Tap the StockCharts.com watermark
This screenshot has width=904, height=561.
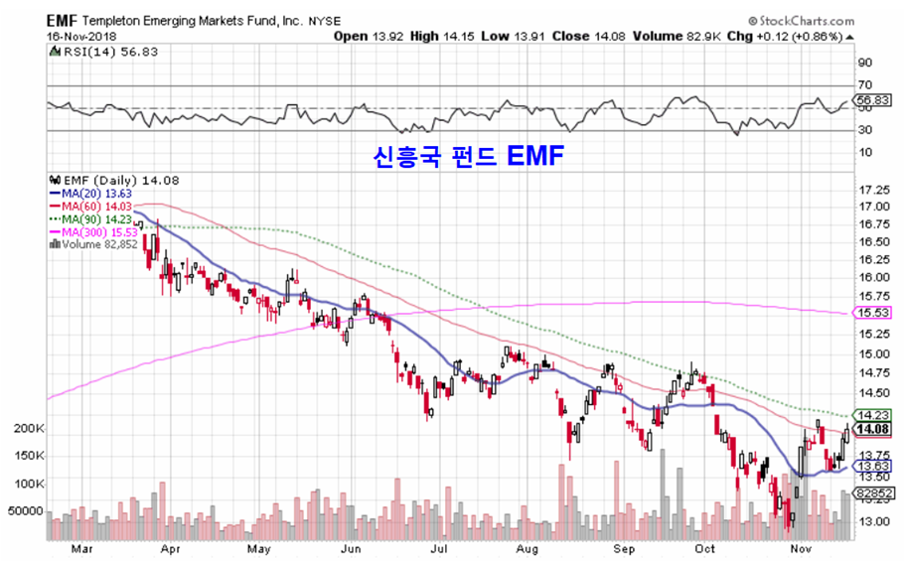click(801, 20)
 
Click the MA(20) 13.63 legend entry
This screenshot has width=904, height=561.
click(94, 193)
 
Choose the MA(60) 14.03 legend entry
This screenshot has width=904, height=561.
click(94, 206)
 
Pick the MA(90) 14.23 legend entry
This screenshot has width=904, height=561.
click(94, 218)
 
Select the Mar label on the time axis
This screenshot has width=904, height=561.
click(83, 548)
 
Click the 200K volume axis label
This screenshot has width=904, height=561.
click(27, 428)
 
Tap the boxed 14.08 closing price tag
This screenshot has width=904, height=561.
click(873, 429)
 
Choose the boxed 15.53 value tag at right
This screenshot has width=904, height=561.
click(873, 313)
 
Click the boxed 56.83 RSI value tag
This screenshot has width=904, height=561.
click(873, 100)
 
